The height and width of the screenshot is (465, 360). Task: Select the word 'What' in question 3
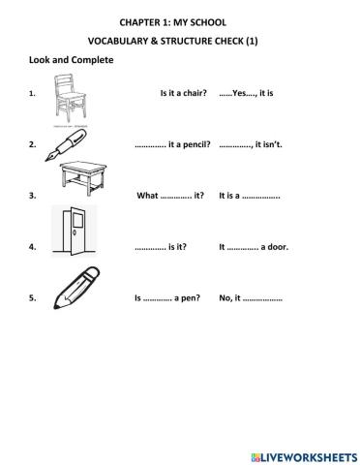[x=147, y=196]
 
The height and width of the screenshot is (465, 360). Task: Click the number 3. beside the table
[x=33, y=196]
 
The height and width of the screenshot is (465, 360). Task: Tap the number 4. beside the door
[x=33, y=247]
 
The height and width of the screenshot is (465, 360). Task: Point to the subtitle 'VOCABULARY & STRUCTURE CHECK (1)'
[x=179, y=41]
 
